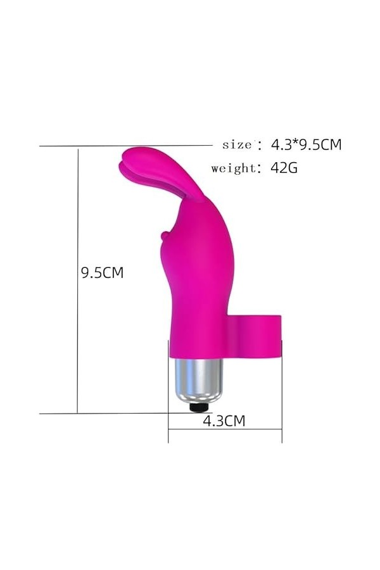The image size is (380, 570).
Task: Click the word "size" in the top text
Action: tap(237, 144)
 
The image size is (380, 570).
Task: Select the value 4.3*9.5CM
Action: tap(306, 144)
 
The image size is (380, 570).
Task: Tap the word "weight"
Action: tap(232, 168)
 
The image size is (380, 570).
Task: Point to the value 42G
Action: tap(284, 168)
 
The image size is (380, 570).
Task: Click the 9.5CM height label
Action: tap(102, 273)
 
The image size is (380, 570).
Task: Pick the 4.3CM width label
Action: tap(223, 420)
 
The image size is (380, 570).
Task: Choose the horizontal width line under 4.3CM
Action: tap(225, 429)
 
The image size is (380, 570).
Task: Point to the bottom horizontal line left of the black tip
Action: tap(114, 414)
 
